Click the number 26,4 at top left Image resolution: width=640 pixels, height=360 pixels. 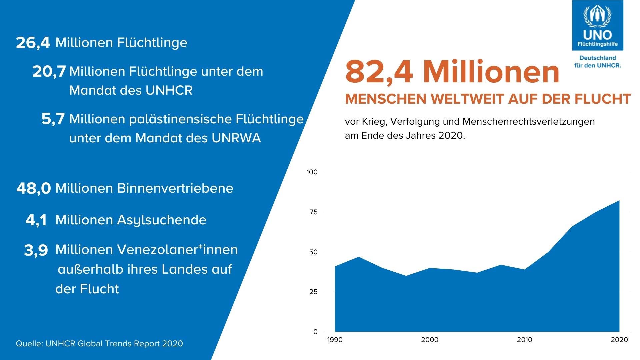pyautogui.click(x=33, y=43)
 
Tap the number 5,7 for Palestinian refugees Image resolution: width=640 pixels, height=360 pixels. pyautogui.click(x=53, y=119)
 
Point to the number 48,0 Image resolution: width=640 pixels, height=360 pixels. pyautogui.click(x=33, y=189)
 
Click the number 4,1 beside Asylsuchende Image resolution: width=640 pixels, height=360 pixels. pyautogui.click(x=36, y=220)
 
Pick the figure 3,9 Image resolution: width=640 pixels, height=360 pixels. pyautogui.click(x=36, y=250)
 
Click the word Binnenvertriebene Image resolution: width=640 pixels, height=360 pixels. pyautogui.click(x=175, y=188)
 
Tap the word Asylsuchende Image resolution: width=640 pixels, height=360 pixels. pyautogui.click(x=162, y=220)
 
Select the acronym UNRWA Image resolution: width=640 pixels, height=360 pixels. pyautogui.click(x=236, y=138)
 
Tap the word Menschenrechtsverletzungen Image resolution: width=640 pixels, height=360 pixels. pyautogui.click(x=529, y=121)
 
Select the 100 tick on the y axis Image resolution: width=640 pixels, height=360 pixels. pyautogui.click(x=312, y=172)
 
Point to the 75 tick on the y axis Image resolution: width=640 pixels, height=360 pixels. pyautogui.click(x=313, y=212)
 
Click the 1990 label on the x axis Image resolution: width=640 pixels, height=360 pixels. pyautogui.click(x=335, y=340)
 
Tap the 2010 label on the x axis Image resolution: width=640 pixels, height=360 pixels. pyautogui.click(x=525, y=340)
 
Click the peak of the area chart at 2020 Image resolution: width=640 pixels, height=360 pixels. pyautogui.click(x=619, y=201)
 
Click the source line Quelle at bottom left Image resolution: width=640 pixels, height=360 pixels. pyautogui.click(x=99, y=344)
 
